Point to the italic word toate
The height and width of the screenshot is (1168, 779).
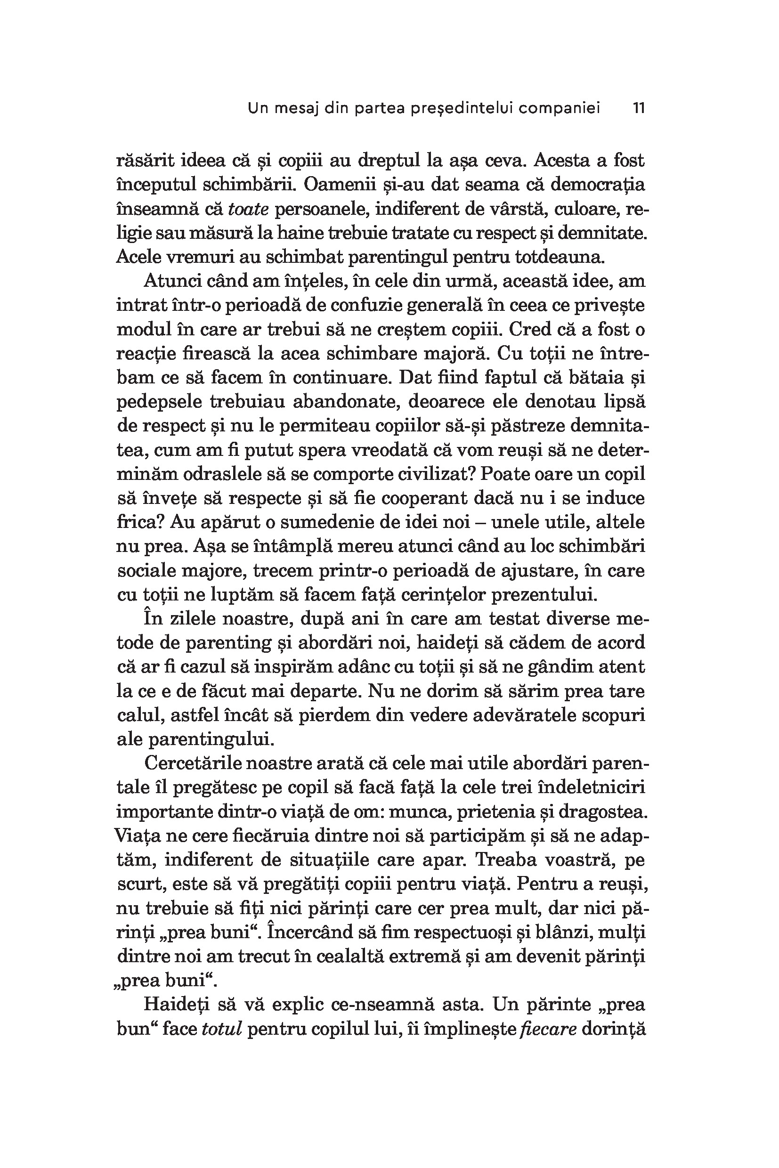248,209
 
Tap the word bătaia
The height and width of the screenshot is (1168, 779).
592,378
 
